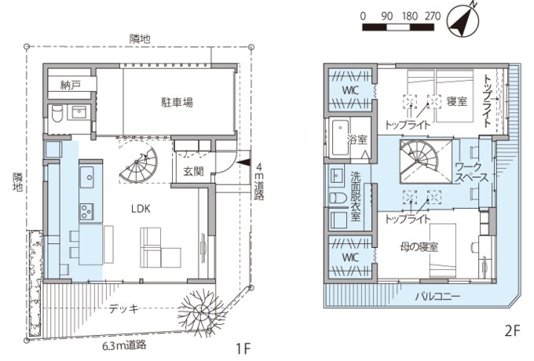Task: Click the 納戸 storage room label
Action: click(71, 84)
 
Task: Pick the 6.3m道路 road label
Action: click(126, 344)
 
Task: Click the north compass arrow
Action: click(463, 20)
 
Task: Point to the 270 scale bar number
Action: click(433, 16)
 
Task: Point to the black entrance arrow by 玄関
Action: click(243, 155)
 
